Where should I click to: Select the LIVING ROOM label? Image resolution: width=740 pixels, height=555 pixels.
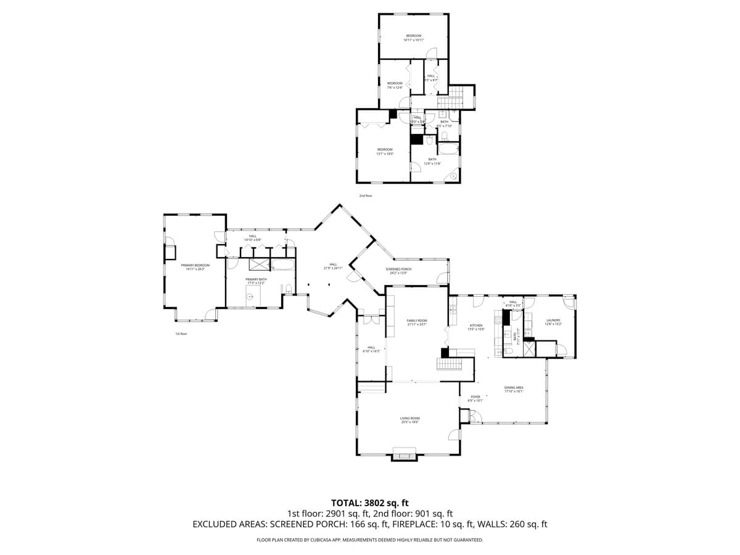[410, 420]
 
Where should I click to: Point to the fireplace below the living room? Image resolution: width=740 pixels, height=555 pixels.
[405, 457]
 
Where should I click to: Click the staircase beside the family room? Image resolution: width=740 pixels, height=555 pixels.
[450, 364]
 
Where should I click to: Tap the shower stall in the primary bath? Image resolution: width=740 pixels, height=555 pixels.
[258, 265]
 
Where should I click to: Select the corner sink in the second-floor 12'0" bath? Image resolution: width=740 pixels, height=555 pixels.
[454, 176]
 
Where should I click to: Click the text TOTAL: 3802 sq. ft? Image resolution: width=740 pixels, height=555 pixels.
[370, 503]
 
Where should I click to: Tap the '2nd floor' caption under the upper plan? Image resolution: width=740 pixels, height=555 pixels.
[366, 195]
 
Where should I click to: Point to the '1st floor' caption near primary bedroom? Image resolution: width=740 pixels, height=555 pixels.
[181, 334]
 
